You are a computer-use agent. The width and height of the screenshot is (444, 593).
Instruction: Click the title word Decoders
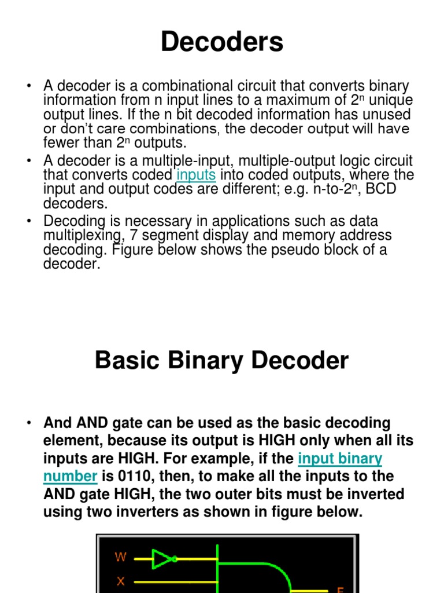coord(222,42)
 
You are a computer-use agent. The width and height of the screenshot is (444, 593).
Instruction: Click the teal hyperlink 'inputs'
coord(196,175)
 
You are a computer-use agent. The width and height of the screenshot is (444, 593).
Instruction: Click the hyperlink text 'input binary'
coord(340,459)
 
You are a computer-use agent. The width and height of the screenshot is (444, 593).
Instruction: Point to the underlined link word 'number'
coord(70,477)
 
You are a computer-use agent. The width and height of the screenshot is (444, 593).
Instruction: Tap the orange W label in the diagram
coord(121,558)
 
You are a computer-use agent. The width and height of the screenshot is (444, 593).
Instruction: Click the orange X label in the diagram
coord(121,581)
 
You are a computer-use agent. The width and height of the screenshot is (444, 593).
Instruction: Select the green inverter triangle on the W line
coord(162,559)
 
